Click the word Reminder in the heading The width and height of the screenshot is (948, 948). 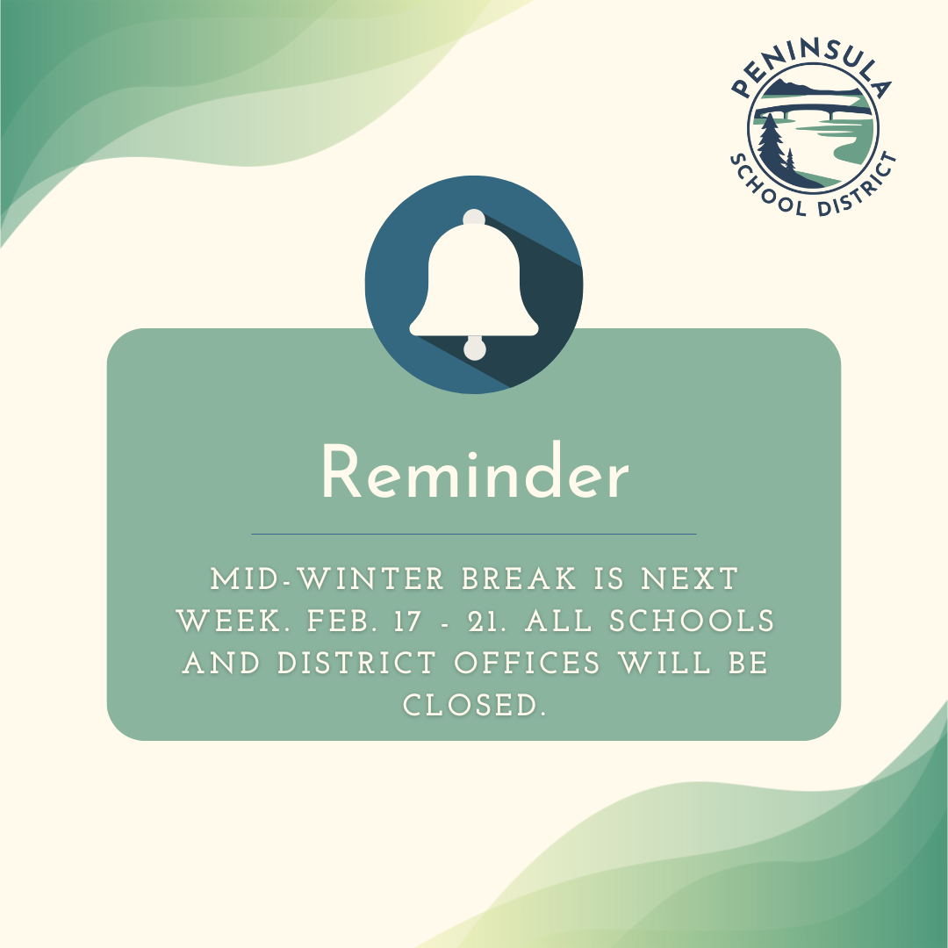[x=474, y=475]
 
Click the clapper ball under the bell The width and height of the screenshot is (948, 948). [x=474, y=348]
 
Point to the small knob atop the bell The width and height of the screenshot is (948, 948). [x=474, y=217]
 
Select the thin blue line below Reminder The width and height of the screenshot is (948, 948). [x=474, y=534]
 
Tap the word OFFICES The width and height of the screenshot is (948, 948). [x=527, y=664]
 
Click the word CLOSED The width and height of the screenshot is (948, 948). [x=474, y=706]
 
